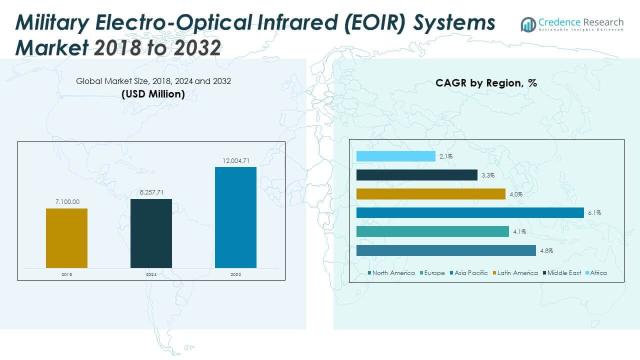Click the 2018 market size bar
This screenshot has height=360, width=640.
coord(66,238)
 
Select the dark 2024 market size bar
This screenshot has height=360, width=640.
coord(151,233)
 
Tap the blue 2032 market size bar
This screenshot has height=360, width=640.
coord(235,217)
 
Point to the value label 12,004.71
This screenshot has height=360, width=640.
coord(235,160)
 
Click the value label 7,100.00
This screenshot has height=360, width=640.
coord(66,202)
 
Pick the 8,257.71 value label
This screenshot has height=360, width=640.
coord(151,192)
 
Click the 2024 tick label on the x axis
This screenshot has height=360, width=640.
coord(151,274)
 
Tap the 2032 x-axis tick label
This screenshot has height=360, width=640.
coord(235,274)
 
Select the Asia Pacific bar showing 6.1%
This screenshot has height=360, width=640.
coord(470,213)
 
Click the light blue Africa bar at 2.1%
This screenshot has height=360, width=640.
coord(395,156)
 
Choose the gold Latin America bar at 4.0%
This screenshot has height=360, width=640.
coord(430,194)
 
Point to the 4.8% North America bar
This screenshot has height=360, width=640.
coord(446,250)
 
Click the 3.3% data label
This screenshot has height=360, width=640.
coord(488,175)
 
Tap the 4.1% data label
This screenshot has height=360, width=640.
coord(519,232)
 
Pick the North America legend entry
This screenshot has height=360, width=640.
coord(391,273)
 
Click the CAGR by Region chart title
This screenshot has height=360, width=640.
coord(486,83)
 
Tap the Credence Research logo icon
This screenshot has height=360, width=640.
coord(528,24)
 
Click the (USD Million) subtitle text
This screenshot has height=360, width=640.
coord(153,94)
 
